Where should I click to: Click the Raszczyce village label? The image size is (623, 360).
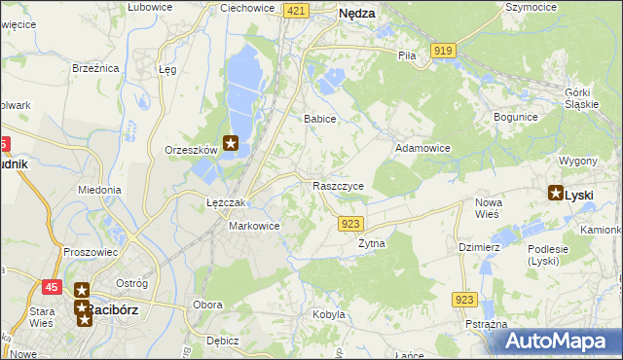(339, 186)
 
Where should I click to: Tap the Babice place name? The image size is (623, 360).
(319, 119)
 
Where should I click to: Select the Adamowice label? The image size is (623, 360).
(421, 149)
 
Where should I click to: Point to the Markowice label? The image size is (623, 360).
(254, 226)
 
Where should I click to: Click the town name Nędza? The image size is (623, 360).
(357, 14)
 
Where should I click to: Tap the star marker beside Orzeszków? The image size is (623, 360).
(231, 145)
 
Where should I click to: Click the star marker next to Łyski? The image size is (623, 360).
(556, 194)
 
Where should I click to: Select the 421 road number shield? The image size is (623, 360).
(297, 10)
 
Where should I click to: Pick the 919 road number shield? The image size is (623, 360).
(444, 50)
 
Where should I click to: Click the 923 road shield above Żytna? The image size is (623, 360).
(352, 224)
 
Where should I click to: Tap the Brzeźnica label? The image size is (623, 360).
(95, 68)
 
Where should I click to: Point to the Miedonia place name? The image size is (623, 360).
(99, 191)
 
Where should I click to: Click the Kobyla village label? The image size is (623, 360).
(329, 314)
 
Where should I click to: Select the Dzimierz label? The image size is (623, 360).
(479, 247)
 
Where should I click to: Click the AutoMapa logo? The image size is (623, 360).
(560, 342)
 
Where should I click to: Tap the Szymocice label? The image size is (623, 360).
(531, 6)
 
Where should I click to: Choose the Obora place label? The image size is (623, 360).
(207, 305)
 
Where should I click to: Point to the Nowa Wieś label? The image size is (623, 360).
(488, 208)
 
